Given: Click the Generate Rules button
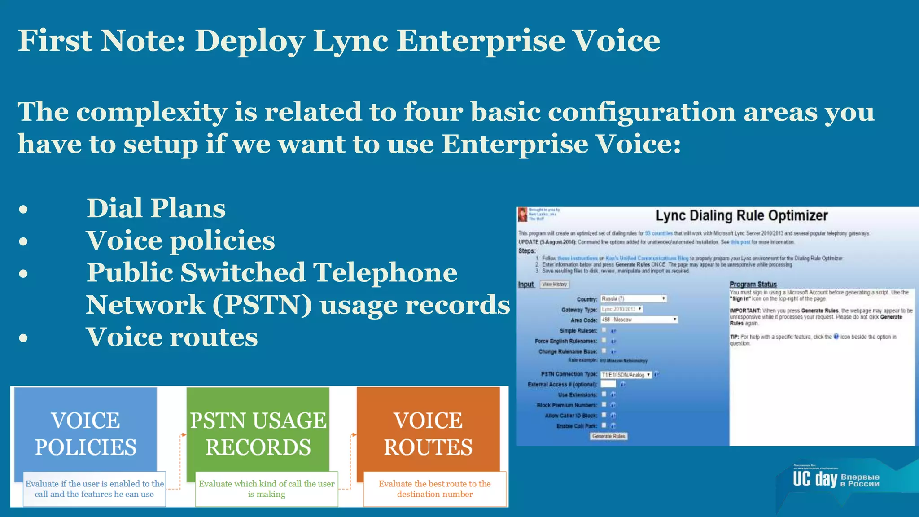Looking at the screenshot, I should [x=608, y=436].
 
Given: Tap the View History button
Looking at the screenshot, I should [x=554, y=284].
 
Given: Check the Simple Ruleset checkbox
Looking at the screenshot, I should [x=604, y=330].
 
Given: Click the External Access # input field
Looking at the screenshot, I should [x=608, y=384].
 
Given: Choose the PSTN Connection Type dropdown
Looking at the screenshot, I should [x=626, y=374].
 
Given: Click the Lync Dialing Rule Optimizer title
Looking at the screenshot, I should [x=741, y=216].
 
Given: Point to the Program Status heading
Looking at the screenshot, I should [x=753, y=284].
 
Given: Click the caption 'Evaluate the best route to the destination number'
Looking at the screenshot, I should [x=434, y=489].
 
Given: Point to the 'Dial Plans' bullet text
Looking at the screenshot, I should [x=156, y=208].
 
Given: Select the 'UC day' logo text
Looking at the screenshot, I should [x=814, y=479].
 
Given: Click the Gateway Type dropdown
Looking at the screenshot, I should [x=621, y=309].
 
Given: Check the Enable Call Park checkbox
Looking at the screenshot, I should [x=604, y=425].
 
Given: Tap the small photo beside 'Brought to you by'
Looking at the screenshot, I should [x=522, y=215].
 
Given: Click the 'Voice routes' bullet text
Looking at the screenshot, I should [x=172, y=337].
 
